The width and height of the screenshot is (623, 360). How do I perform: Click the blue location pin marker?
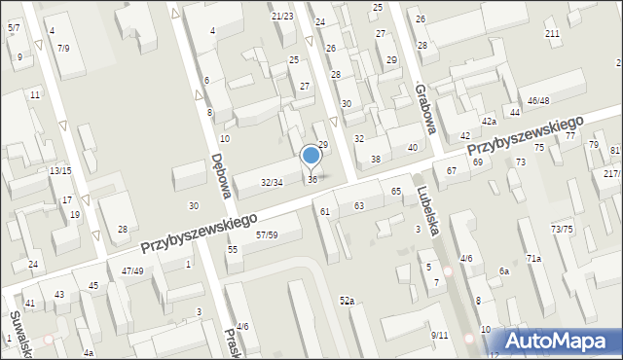(311, 156)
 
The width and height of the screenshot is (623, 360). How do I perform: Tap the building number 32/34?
(272, 182)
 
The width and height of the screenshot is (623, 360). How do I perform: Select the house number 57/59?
(267, 234)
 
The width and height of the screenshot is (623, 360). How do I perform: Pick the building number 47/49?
(132, 270)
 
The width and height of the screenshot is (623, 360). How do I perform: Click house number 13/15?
(60, 170)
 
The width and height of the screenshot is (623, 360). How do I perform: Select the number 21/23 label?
(282, 16)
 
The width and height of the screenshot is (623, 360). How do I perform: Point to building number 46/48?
(538, 100)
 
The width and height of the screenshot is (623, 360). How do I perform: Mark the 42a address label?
(489, 121)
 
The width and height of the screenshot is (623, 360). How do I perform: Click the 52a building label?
(347, 302)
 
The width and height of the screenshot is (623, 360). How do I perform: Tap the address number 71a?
(533, 258)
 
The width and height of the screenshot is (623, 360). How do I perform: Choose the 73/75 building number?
(562, 229)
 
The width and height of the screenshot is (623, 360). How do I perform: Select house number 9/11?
(440, 335)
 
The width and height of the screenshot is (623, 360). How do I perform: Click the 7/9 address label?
(63, 48)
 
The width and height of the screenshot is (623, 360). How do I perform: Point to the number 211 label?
(552, 34)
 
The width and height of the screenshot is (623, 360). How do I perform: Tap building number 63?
(359, 205)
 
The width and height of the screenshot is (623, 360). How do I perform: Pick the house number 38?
(375, 159)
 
